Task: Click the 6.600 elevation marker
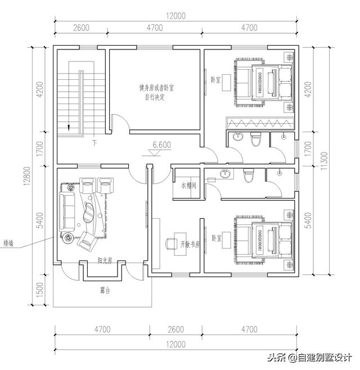pyautogui.click(x=161, y=145)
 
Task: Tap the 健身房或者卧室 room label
pyautogui.click(x=155, y=88)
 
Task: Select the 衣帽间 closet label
pyautogui.click(x=188, y=185)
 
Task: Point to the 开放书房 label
pyautogui.click(x=190, y=244)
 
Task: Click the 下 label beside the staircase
pyautogui.click(x=94, y=143)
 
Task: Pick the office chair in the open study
pyautogui.click(x=171, y=244)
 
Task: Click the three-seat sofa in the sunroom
pyautogui.click(x=66, y=207)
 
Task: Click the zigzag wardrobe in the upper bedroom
pyautogui.click(x=259, y=123)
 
